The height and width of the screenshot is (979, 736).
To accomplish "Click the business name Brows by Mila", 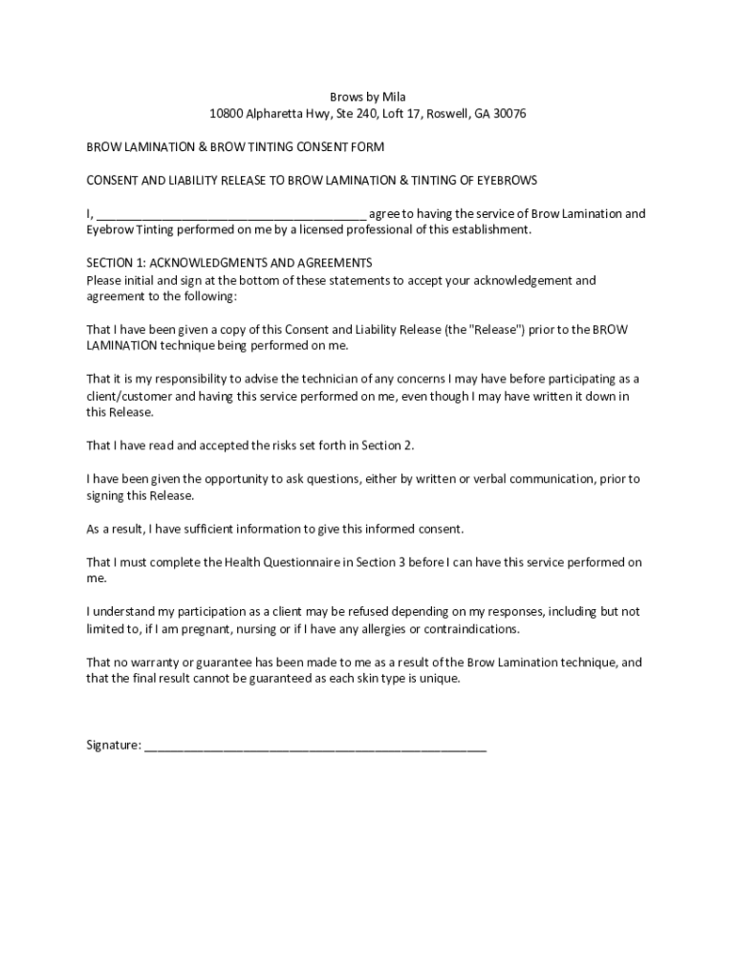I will coord(368,97).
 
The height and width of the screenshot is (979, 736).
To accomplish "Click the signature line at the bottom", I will coord(315,746).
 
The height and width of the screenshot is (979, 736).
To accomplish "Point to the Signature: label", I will coord(114,745).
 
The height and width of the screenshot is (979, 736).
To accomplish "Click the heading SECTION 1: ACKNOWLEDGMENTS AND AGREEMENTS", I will coord(229,263).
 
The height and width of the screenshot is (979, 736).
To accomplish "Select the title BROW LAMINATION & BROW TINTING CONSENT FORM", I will coord(235,147).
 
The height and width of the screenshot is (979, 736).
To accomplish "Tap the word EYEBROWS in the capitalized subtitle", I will coord(507,180).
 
